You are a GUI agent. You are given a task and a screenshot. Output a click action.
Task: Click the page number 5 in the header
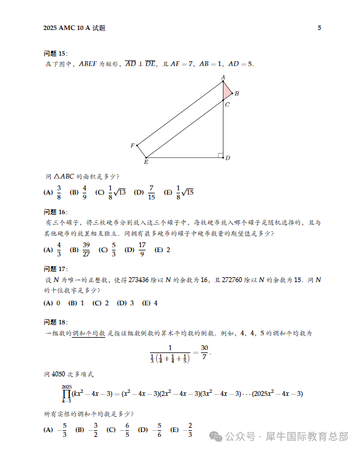(x=319, y=28)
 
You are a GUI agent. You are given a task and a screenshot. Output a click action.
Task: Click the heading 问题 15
(x=56, y=54)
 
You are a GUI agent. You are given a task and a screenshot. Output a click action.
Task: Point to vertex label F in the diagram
(x=132, y=146)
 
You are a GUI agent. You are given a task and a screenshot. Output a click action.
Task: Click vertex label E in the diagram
(x=146, y=162)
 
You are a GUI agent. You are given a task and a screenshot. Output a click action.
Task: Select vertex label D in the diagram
(x=227, y=158)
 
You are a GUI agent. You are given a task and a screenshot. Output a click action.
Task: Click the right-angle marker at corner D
(x=220, y=155)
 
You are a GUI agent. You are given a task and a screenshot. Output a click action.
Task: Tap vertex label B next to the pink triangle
(x=236, y=94)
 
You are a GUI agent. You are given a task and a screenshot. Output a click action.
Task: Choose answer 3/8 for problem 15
(x=59, y=192)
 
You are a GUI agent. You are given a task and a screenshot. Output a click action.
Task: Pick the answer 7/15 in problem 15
(x=151, y=192)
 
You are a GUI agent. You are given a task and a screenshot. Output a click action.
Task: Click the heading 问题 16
(x=56, y=212)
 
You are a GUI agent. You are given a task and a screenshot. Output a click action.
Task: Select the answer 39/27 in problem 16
(x=86, y=250)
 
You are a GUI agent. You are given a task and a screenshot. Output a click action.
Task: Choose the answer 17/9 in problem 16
(x=142, y=250)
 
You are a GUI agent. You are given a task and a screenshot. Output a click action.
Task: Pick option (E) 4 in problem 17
(x=154, y=303)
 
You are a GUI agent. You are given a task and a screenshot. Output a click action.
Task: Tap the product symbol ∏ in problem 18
(x=66, y=394)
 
